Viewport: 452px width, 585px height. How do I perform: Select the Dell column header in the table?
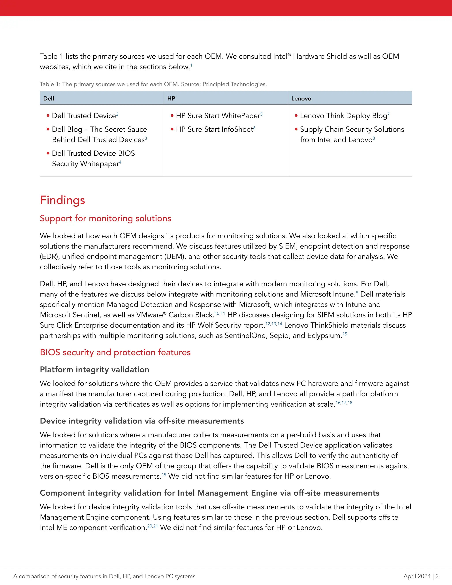point(49,99)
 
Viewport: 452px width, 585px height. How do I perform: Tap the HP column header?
point(171,99)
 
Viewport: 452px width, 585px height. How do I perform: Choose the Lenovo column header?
point(301,99)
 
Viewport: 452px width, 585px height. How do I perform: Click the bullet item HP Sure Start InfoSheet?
point(214,129)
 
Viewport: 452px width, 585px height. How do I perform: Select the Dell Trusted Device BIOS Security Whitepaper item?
point(93,158)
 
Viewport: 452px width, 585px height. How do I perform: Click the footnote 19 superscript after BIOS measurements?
point(164,475)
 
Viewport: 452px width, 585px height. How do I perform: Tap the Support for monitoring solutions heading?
point(105,218)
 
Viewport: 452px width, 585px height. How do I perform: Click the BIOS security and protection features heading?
point(115,352)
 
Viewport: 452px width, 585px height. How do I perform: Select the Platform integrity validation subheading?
point(94,370)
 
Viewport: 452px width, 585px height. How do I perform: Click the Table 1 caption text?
point(153,84)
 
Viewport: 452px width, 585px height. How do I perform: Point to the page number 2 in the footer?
point(437,576)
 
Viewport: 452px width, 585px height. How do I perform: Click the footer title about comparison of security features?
point(104,576)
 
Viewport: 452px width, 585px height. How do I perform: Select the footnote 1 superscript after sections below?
point(191,65)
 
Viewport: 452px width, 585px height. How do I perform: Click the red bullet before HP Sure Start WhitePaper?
point(172,116)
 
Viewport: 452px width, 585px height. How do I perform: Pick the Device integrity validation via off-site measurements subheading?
point(142,421)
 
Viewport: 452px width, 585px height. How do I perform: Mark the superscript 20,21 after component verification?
point(152,526)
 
